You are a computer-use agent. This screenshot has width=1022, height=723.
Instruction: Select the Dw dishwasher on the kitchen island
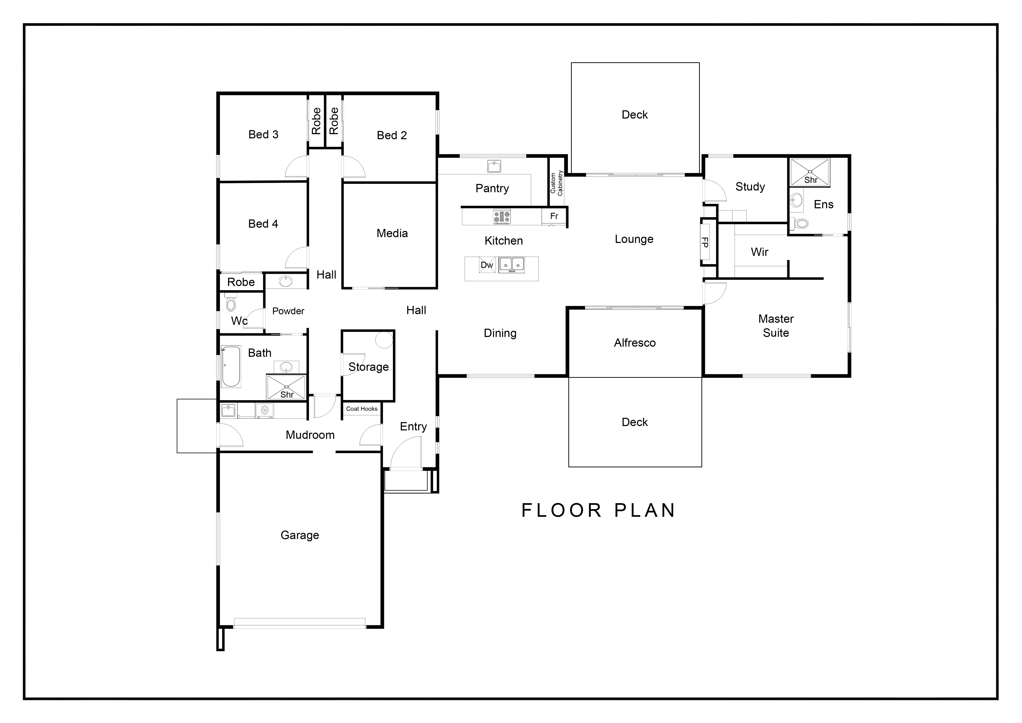pyautogui.click(x=487, y=265)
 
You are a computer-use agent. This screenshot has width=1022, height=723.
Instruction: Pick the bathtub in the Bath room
pyautogui.click(x=231, y=366)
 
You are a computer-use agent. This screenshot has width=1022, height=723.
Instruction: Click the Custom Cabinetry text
pyautogui.click(x=556, y=183)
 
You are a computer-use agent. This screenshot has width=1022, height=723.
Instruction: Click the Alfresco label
pyautogui.click(x=635, y=343)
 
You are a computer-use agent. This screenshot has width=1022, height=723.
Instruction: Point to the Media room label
pyautogui.click(x=392, y=233)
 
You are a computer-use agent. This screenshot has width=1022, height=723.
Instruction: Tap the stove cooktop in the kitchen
pyautogui.click(x=502, y=217)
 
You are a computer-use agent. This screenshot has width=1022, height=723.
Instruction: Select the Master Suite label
pyautogui.click(x=776, y=326)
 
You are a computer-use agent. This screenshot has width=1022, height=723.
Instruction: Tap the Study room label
pyautogui.click(x=750, y=187)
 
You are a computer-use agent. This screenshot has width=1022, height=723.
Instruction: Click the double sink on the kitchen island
pyautogui.click(x=511, y=265)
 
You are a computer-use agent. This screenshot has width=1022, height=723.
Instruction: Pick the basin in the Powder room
pyautogui.click(x=285, y=281)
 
